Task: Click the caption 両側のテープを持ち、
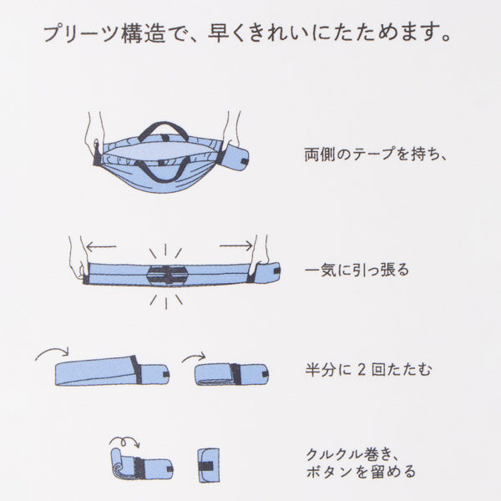pyautogui.click(x=375, y=154)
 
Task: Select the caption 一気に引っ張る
pyautogui.click(x=357, y=271)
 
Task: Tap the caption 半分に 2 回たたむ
pyautogui.click(x=368, y=370)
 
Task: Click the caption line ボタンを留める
pyautogui.click(x=361, y=472)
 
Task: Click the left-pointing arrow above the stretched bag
pyautogui.click(x=101, y=246)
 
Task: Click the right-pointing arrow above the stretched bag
pyautogui.click(x=236, y=245)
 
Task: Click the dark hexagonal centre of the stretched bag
pyautogui.click(x=167, y=275)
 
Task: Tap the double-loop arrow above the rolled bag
pyautogui.click(x=124, y=441)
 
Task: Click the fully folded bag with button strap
pyautogui.click(x=208, y=465)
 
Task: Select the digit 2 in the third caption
pyautogui.click(x=361, y=370)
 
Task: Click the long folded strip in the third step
pyautogui.click(x=112, y=371)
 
